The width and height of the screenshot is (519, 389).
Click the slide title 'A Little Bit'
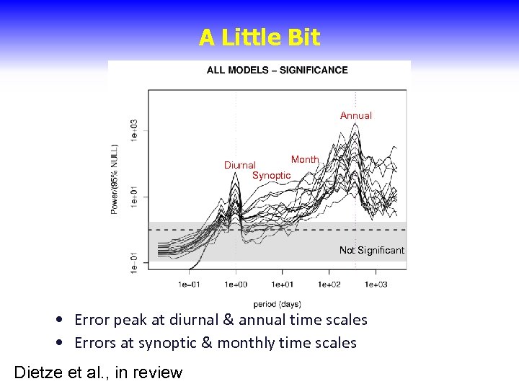coord(259,38)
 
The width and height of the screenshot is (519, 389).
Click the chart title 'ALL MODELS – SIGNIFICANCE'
coord(277,70)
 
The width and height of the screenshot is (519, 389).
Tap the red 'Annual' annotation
coord(356,115)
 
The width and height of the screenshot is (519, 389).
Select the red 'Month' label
coord(305,159)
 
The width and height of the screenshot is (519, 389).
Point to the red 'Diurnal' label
coord(240,165)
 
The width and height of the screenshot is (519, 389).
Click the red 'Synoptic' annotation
coord(272,176)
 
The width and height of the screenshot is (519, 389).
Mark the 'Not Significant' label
coord(372,251)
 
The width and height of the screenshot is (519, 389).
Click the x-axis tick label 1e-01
coord(190,285)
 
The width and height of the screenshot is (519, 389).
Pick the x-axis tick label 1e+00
coord(236,285)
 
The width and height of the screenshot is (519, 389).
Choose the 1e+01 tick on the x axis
coord(283,285)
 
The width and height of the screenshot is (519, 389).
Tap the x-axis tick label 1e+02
coord(329,285)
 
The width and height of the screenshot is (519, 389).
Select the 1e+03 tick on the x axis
coord(376,285)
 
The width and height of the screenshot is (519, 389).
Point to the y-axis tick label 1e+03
coord(134,130)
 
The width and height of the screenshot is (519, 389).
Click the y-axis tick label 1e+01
coord(134,196)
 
